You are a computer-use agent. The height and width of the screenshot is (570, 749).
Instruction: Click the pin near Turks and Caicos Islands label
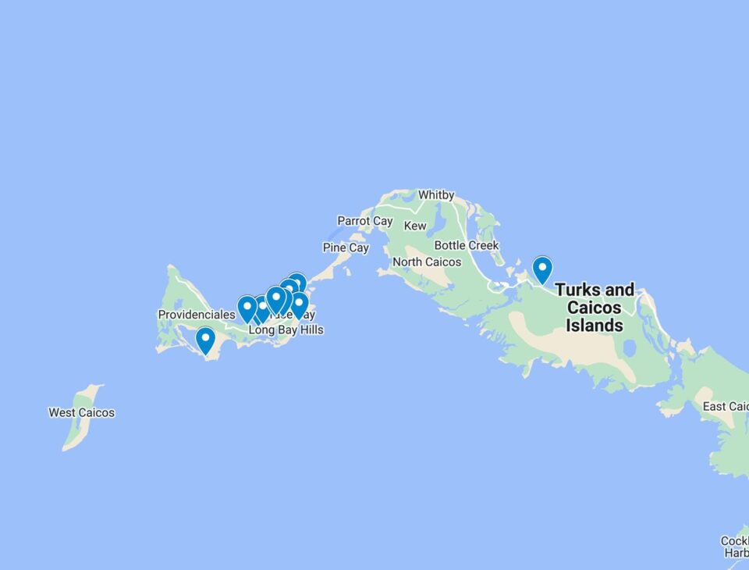coord(542,269)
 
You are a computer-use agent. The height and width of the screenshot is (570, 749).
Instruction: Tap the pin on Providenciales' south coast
coord(205,340)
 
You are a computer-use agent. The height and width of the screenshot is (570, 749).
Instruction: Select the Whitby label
coord(436,194)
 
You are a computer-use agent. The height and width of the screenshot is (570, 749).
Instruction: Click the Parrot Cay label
coord(364,221)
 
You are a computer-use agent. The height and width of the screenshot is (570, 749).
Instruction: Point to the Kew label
coord(415,226)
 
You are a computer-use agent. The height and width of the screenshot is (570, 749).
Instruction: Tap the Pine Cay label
coord(346,248)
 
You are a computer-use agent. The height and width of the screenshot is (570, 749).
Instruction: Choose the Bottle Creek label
coord(467,245)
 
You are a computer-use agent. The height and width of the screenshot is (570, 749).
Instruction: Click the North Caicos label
coord(427,262)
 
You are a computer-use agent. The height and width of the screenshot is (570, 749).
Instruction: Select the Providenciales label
coord(196,315)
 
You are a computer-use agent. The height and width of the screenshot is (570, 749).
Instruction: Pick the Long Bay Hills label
coord(286,330)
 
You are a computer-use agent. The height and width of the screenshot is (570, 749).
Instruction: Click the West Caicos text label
coord(81,412)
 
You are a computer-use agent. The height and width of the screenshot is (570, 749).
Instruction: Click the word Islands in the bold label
coord(595,326)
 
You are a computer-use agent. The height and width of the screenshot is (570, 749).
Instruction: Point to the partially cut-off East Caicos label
coord(725,406)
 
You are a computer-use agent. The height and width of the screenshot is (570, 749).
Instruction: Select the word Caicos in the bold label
coord(595,308)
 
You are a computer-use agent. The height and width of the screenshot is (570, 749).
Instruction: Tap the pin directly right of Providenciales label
coord(247,308)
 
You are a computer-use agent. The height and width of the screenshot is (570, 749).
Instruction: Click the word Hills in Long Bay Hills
coord(309,330)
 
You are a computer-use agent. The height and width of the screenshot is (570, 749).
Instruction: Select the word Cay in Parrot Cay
coord(382,221)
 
